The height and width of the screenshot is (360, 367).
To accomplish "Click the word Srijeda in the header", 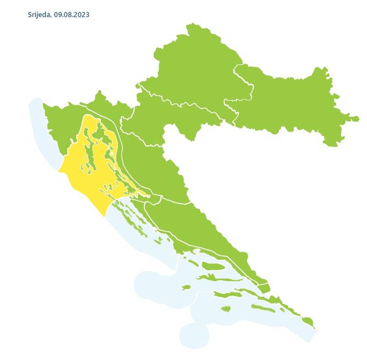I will tap(39, 15).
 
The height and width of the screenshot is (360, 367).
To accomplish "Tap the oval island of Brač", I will tap(214, 266).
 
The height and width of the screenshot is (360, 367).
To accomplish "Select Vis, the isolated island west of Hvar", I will tap(186, 288).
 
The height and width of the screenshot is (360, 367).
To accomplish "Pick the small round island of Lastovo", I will tap(226, 308).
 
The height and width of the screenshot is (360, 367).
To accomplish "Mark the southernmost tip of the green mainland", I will tap(314, 327).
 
